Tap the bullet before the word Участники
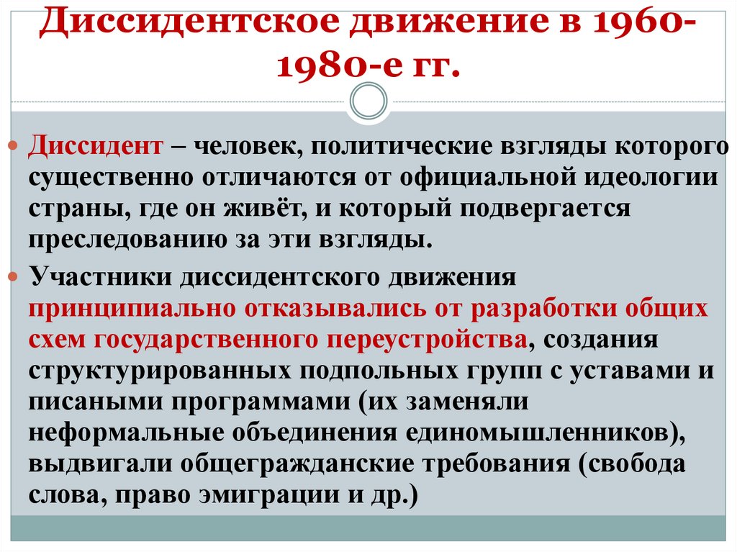(x=20, y=278)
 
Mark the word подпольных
(x=372, y=371)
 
